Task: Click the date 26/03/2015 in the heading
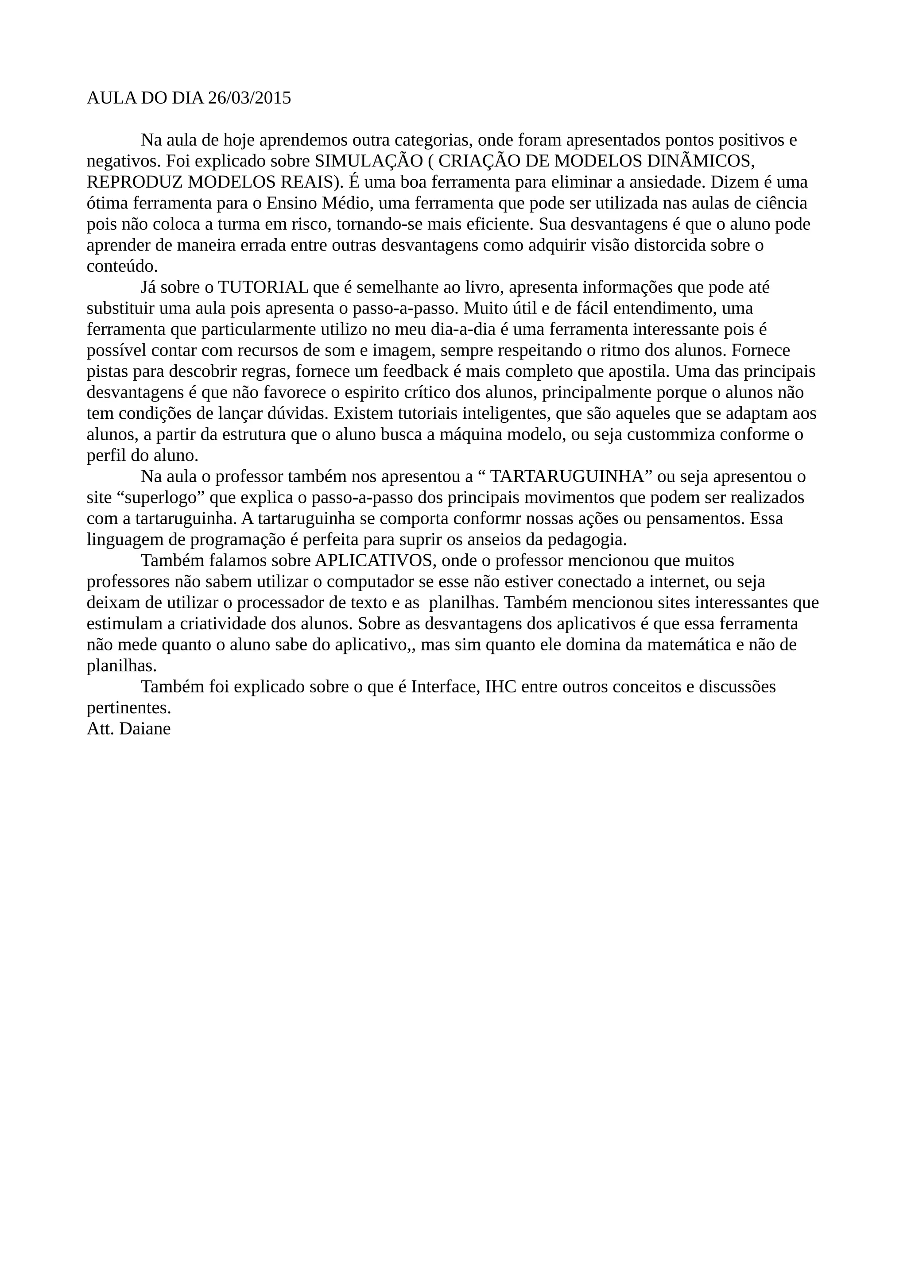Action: [249, 98]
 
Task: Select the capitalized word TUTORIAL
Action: [263, 287]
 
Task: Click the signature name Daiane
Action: [145, 729]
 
